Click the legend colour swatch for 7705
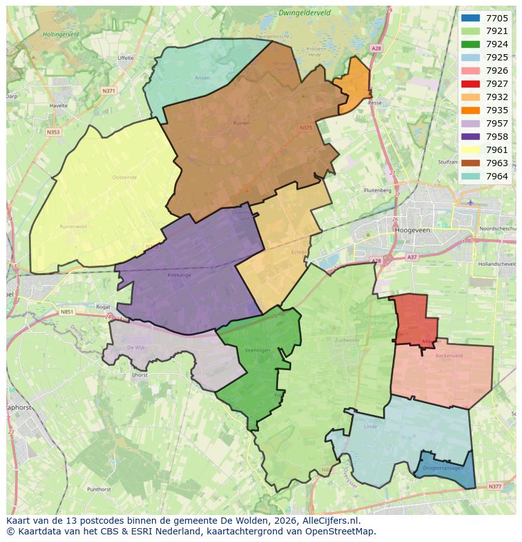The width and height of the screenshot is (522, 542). [x=470, y=18]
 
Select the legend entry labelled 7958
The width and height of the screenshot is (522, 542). [x=497, y=137]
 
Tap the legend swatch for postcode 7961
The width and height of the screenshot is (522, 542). [x=470, y=150]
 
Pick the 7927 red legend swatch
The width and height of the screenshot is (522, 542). [x=470, y=84]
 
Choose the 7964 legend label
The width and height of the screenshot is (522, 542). [x=497, y=176]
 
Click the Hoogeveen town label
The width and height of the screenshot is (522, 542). [x=412, y=230]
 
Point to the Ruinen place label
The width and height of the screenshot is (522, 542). [x=241, y=123]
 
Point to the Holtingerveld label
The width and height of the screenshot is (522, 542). [x=61, y=35]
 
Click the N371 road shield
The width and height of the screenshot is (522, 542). [x=109, y=91]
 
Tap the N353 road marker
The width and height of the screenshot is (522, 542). [x=53, y=132]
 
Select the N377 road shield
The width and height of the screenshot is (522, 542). [x=496, y=487]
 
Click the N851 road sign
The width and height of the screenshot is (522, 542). [x=67, y=312]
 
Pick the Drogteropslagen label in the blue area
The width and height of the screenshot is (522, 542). [x=443, y=468]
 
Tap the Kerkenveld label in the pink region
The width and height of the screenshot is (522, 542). [x=449, y=356]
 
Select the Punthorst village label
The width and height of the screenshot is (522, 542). [x=99, y=488]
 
